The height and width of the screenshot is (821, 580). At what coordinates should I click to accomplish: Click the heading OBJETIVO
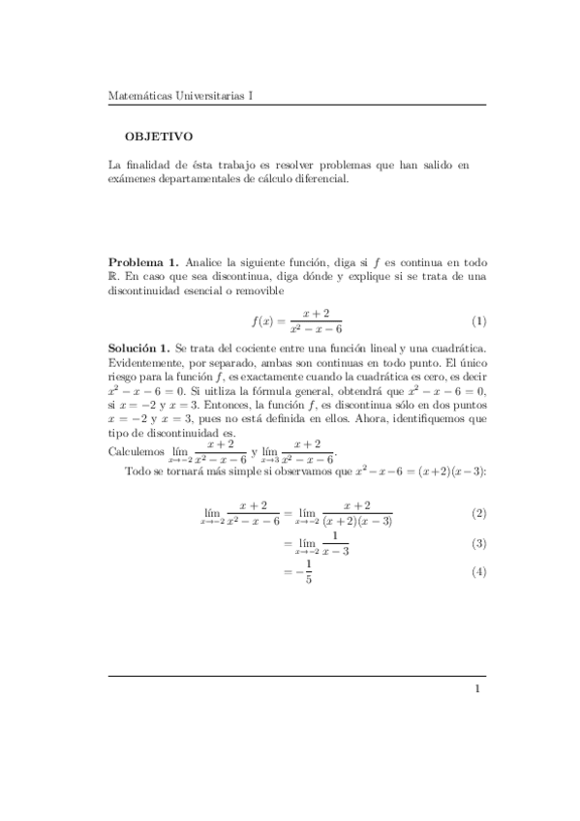159,137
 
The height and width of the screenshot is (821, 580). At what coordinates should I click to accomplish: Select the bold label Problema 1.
142,262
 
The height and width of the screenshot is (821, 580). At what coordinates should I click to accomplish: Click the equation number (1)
478,321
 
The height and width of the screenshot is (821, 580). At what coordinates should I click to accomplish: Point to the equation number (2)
478,512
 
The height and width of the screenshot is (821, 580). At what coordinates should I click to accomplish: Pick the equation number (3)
478,543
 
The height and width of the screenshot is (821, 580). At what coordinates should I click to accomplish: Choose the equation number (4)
478,573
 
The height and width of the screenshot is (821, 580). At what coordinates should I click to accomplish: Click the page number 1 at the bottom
477,689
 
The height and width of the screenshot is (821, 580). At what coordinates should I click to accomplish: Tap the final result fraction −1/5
304,573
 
